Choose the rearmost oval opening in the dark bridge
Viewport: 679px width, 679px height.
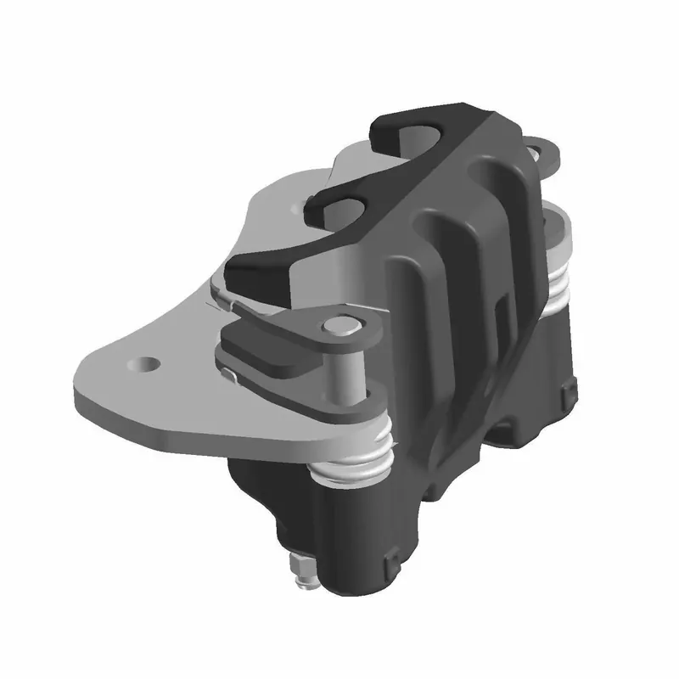pyautogui.click(x=412, y=132)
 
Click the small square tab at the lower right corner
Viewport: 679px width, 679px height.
pyautogui.click(x=567, y=391)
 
